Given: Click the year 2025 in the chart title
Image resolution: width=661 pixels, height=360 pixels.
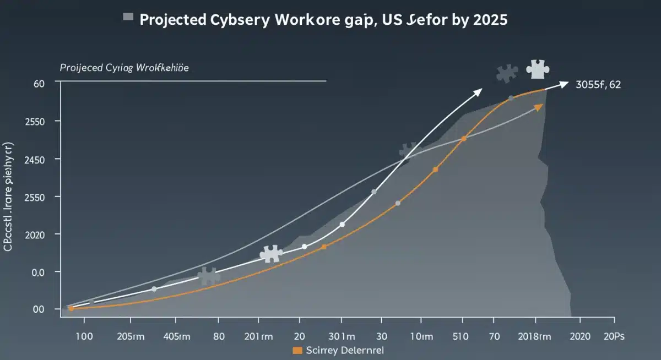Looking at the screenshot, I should (x=488, y=20).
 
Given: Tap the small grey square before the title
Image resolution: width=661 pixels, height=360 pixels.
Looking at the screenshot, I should (x=128, y=18).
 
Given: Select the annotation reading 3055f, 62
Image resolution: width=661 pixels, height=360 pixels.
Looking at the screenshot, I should (x=598, y=85).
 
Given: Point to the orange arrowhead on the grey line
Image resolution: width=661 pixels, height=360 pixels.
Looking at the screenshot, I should (x=538, y=107).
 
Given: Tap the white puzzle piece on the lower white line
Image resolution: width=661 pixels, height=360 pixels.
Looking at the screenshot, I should (x=270, y=254).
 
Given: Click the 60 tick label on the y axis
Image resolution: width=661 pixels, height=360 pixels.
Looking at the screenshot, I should (x=39, y=84).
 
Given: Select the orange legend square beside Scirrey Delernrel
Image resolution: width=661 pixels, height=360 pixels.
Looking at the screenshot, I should (x=297, y=350).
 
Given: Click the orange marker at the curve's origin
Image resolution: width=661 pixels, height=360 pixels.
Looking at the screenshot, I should (x=71, y=308).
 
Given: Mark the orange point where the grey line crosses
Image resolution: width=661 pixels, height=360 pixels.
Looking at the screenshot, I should (x=463, y=138).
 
